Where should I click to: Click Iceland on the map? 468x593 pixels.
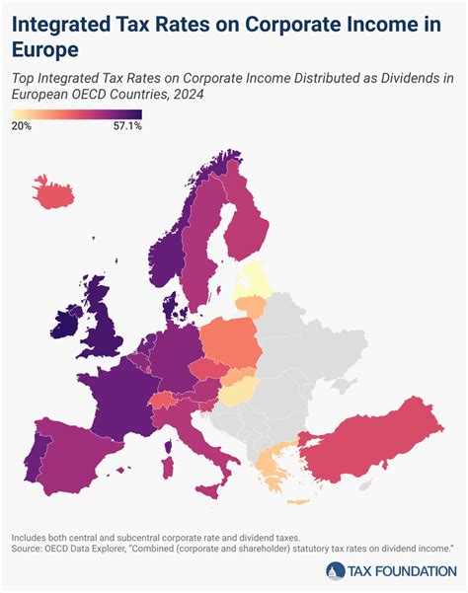(55, 190)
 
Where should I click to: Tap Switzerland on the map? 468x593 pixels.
(163, 402)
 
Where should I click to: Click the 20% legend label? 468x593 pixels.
(22, 126)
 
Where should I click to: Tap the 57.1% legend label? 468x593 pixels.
(127, 126)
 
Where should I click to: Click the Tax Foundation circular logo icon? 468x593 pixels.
(336, 571)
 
